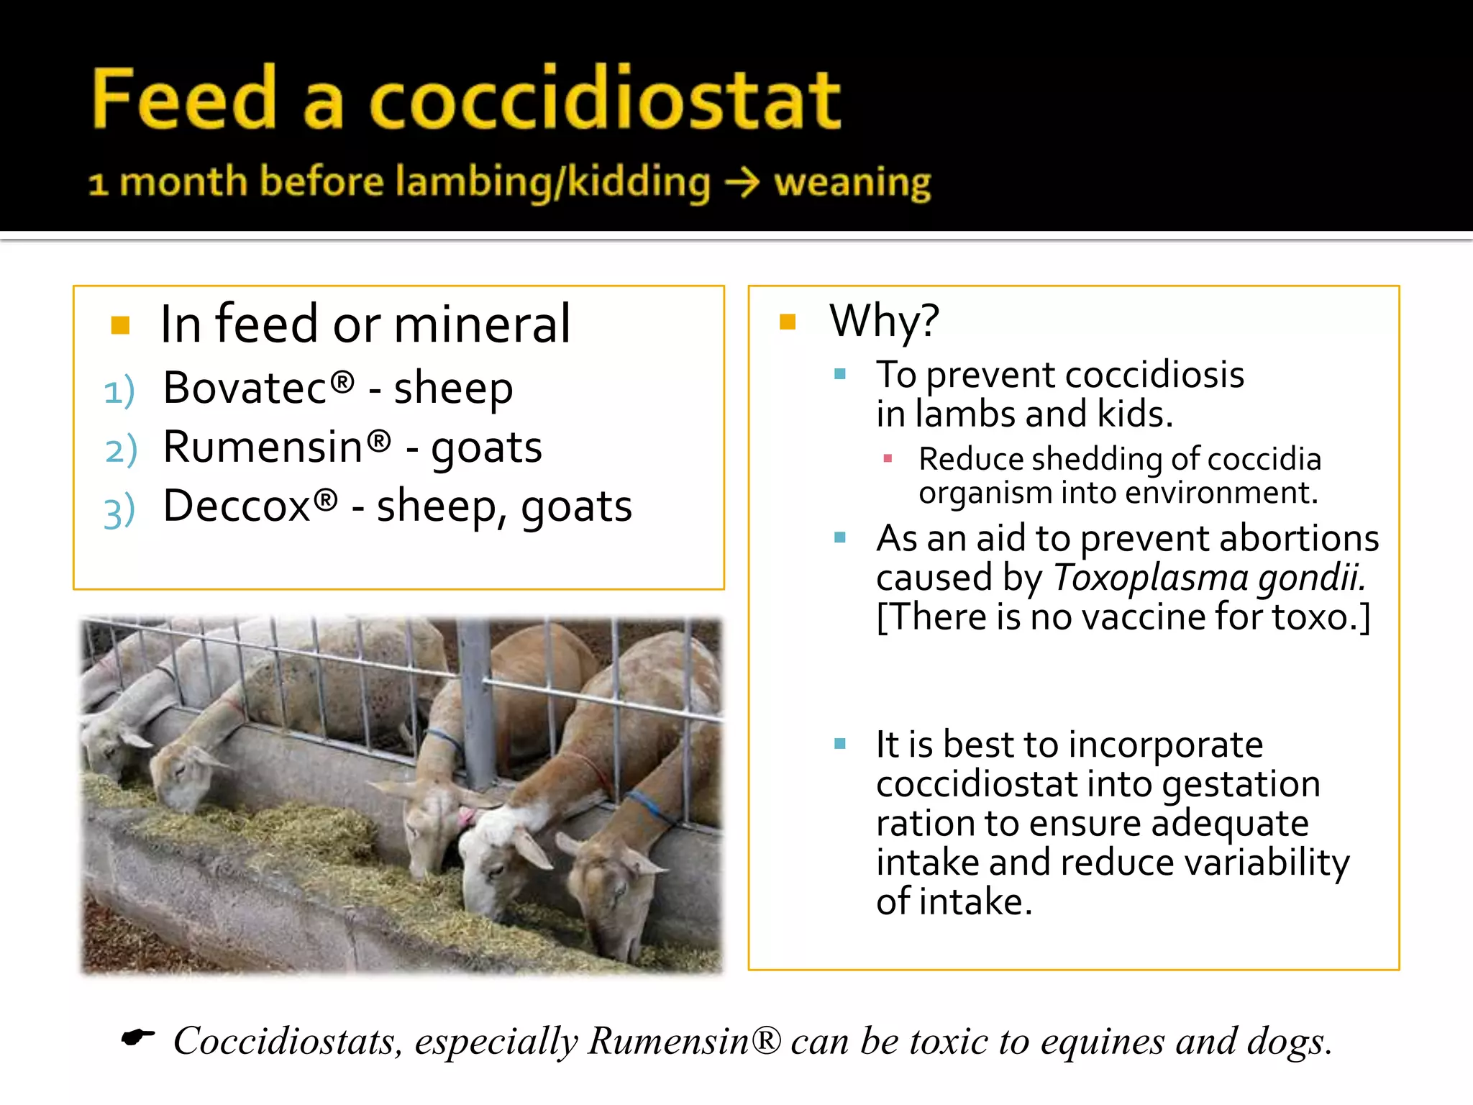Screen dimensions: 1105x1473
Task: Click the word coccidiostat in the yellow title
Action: point(604,99)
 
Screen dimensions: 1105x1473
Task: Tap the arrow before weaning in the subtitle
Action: point(742,182)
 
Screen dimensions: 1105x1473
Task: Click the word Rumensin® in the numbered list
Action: point(277,447)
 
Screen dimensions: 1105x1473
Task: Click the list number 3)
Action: point(119,511)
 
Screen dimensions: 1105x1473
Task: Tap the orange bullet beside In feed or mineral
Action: point(120,326)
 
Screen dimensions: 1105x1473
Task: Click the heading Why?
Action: point(884,321)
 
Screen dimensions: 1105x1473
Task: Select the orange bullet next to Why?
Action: point(788,322)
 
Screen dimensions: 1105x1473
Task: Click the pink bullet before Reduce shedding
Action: point(888,458)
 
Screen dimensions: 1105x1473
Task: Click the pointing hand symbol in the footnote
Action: point(138,1037)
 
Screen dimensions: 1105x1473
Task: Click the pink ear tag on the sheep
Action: point(467,816)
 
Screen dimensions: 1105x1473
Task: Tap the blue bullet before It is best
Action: point(839,744)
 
